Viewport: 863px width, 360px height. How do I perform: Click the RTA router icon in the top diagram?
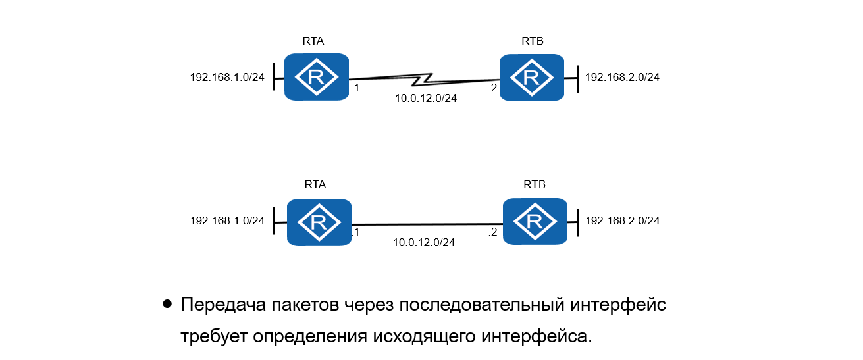(x=316, y=77)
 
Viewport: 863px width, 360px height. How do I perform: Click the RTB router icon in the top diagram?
(x=531, y=78)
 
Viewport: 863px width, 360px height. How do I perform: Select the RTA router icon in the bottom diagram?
(x=319, y=222)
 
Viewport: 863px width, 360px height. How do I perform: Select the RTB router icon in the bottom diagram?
(x=534, y=222)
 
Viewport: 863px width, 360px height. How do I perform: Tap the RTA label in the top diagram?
(x=313, y=40)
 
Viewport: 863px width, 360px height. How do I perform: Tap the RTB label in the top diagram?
(x=532, y=41)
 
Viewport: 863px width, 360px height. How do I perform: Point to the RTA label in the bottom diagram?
(x=315, y=185)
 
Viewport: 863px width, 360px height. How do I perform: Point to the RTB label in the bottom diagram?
(x=535, y=185)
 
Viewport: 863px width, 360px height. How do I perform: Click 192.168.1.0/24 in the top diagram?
(x=227, y=77)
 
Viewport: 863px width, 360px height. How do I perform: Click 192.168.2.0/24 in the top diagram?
(x=622, y=77)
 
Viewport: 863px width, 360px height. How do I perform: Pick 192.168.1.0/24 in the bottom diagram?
(x=227, y=220)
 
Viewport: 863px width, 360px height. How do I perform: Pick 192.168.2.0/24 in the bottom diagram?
(x=622, y=220)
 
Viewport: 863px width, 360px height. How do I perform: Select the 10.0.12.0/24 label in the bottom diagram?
(x=424, y=242)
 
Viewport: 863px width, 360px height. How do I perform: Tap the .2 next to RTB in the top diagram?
(x=492, y=88)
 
